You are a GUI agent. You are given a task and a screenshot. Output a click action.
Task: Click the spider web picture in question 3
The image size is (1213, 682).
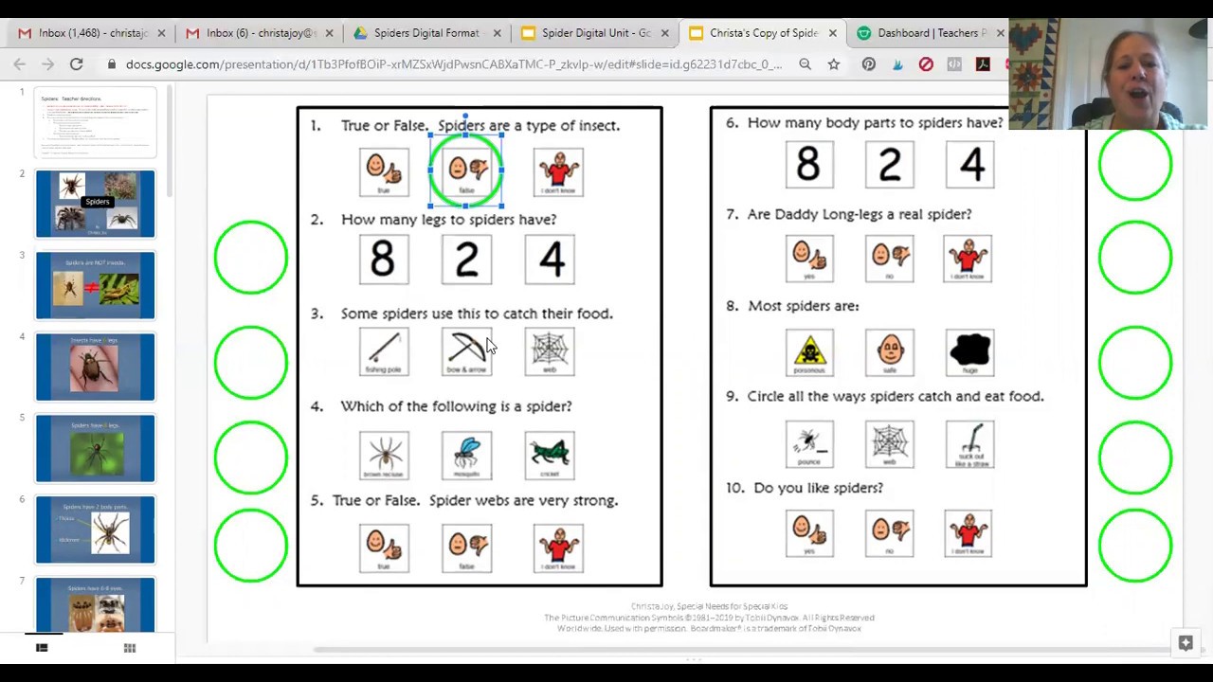pos(550,351)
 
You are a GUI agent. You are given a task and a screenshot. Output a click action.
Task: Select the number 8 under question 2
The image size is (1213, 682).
pos(383,260)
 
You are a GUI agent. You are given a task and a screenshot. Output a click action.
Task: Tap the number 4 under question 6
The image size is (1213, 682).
pos(970,164)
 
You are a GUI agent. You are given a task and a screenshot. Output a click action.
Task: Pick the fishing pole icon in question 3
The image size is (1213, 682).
pos(384,351)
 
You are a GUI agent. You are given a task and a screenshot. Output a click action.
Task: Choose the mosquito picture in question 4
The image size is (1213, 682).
pos(466,455)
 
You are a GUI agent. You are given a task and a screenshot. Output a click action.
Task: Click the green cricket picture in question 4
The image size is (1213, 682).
pos(550,455)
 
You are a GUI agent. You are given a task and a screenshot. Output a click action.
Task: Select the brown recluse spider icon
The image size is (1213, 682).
pos(384,455)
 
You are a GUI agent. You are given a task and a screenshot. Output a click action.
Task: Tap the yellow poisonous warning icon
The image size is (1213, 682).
pos(809,351)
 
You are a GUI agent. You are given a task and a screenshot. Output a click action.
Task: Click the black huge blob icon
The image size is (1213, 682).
pos(969,351)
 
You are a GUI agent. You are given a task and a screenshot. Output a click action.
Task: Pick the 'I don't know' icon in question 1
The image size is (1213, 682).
pos(558,172)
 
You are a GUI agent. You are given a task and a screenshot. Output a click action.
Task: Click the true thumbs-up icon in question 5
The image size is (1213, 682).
pos(384,547)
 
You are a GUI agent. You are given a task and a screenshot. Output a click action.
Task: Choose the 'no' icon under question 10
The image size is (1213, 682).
pos(889,533)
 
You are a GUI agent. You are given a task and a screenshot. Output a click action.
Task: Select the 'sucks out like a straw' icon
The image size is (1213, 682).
pos(969,443)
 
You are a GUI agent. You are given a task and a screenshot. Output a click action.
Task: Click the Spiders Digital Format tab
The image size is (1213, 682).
pos(425,33)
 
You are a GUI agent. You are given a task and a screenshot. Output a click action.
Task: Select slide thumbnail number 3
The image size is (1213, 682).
pos(95,285)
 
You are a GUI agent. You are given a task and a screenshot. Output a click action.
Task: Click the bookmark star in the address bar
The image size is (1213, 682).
pos(834,64)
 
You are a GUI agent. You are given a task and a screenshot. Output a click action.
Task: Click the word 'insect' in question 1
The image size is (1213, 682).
pos(592,125)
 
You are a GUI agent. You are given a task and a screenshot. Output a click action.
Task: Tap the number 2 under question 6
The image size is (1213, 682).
pos(889,164)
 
